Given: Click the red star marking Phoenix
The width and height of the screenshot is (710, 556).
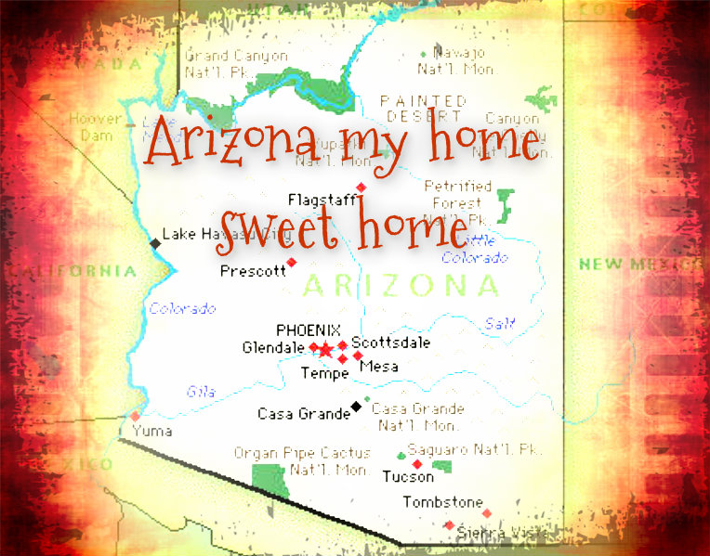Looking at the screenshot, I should [x=326, y=350].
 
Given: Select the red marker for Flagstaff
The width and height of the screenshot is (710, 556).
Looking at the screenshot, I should [x=362, y=187].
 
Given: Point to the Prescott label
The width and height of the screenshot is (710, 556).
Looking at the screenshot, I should [x=253, y=272].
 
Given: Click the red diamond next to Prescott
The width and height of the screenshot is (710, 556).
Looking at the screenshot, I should [x=292, y=263].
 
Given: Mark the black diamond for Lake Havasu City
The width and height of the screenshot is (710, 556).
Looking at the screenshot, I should [x=154, y=243].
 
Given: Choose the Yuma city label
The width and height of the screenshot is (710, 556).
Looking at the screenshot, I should [x=151, y=432].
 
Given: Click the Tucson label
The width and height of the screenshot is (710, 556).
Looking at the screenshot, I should [x=407, y=477].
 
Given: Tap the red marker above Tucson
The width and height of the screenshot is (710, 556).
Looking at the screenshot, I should [x=417, y=463].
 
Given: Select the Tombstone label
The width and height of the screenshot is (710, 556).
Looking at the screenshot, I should [x=442, y=503].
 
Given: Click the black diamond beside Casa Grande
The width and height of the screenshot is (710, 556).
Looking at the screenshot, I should [x=356, y=406].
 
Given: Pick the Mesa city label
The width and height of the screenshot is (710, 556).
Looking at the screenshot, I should [x=378, y=367].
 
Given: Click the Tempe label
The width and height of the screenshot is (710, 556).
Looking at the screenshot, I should [x=324, y=373].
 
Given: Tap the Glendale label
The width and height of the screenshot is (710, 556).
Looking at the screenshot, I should [x=272, y=348].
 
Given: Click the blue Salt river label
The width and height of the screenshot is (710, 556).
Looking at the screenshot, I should [x=498, y=323].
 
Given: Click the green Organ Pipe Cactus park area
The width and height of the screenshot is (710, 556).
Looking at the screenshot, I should [x=270, y=479].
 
